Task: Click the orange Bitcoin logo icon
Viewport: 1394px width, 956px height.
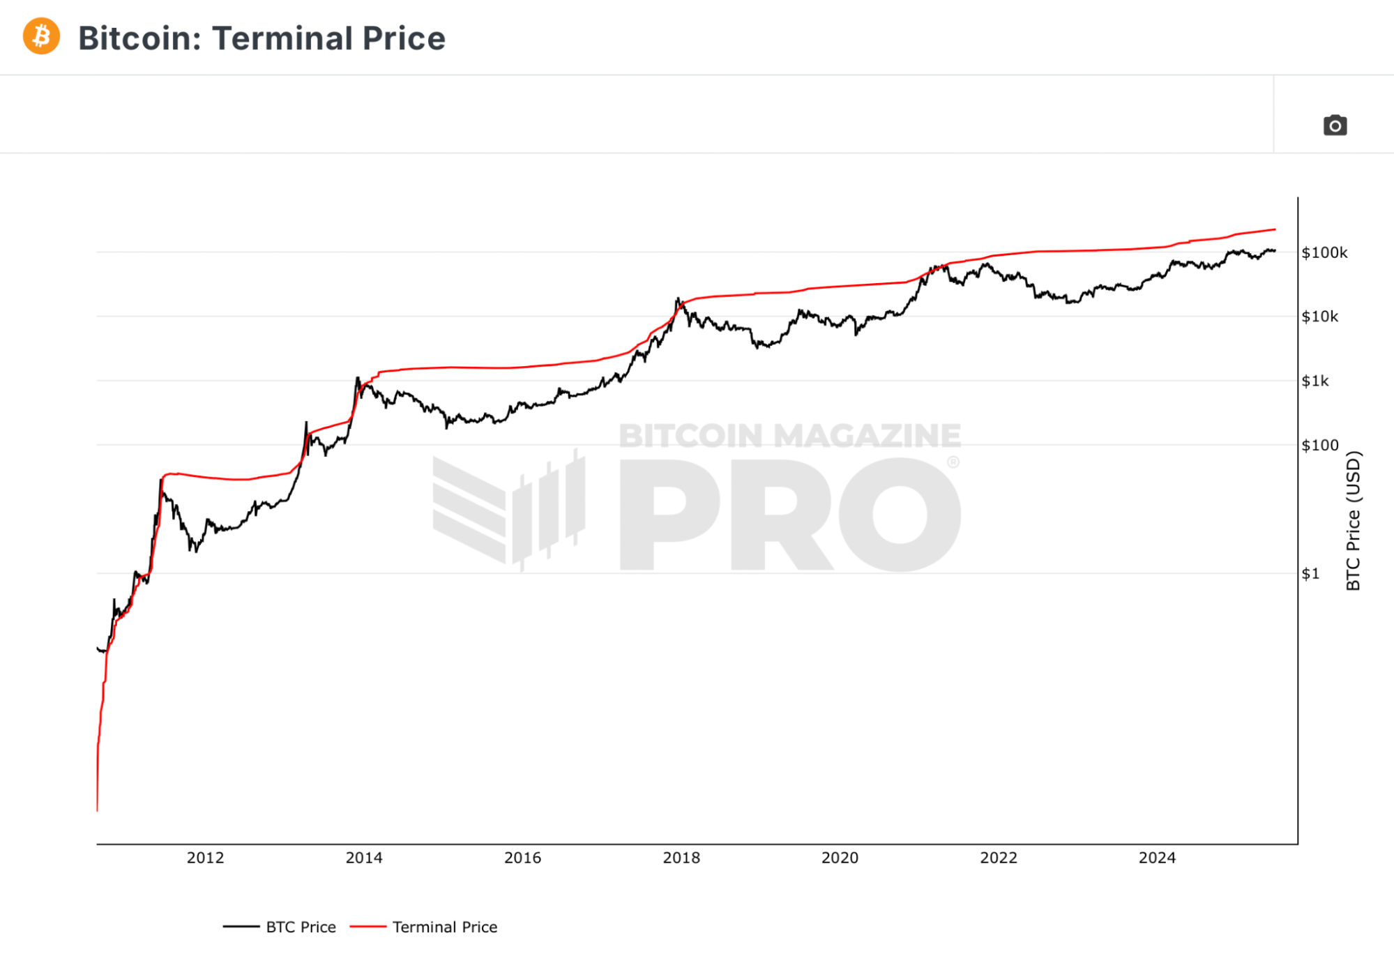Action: coord(41,36)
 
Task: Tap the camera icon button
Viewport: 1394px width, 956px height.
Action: coord(1335,126)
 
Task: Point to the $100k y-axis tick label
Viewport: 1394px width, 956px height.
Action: coord(1324,252)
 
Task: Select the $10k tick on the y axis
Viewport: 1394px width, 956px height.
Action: coord(1319,317)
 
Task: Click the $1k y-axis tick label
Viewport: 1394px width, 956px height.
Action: coord(1315,381)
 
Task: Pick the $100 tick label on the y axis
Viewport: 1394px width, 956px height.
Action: coord(1319,445)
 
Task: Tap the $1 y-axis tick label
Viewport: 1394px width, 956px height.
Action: coord(1310,573)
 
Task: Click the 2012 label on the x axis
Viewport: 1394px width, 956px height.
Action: coord(205,858)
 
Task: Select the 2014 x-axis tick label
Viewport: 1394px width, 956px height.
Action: coord(364,858)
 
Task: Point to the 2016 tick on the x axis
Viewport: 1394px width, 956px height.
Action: coord(522,858)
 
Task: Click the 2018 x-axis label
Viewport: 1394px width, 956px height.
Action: coord(681,858)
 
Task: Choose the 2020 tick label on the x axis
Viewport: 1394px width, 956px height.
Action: coord(840,858)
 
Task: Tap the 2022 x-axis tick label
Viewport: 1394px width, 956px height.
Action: coord(999,858)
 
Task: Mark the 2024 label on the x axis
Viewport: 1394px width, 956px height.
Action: coord(1157,858)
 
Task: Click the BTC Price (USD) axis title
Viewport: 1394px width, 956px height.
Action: coord(1353,520)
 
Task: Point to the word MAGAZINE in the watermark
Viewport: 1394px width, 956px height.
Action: coord(867,436)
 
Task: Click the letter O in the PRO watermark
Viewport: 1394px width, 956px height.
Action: coord(900,515)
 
